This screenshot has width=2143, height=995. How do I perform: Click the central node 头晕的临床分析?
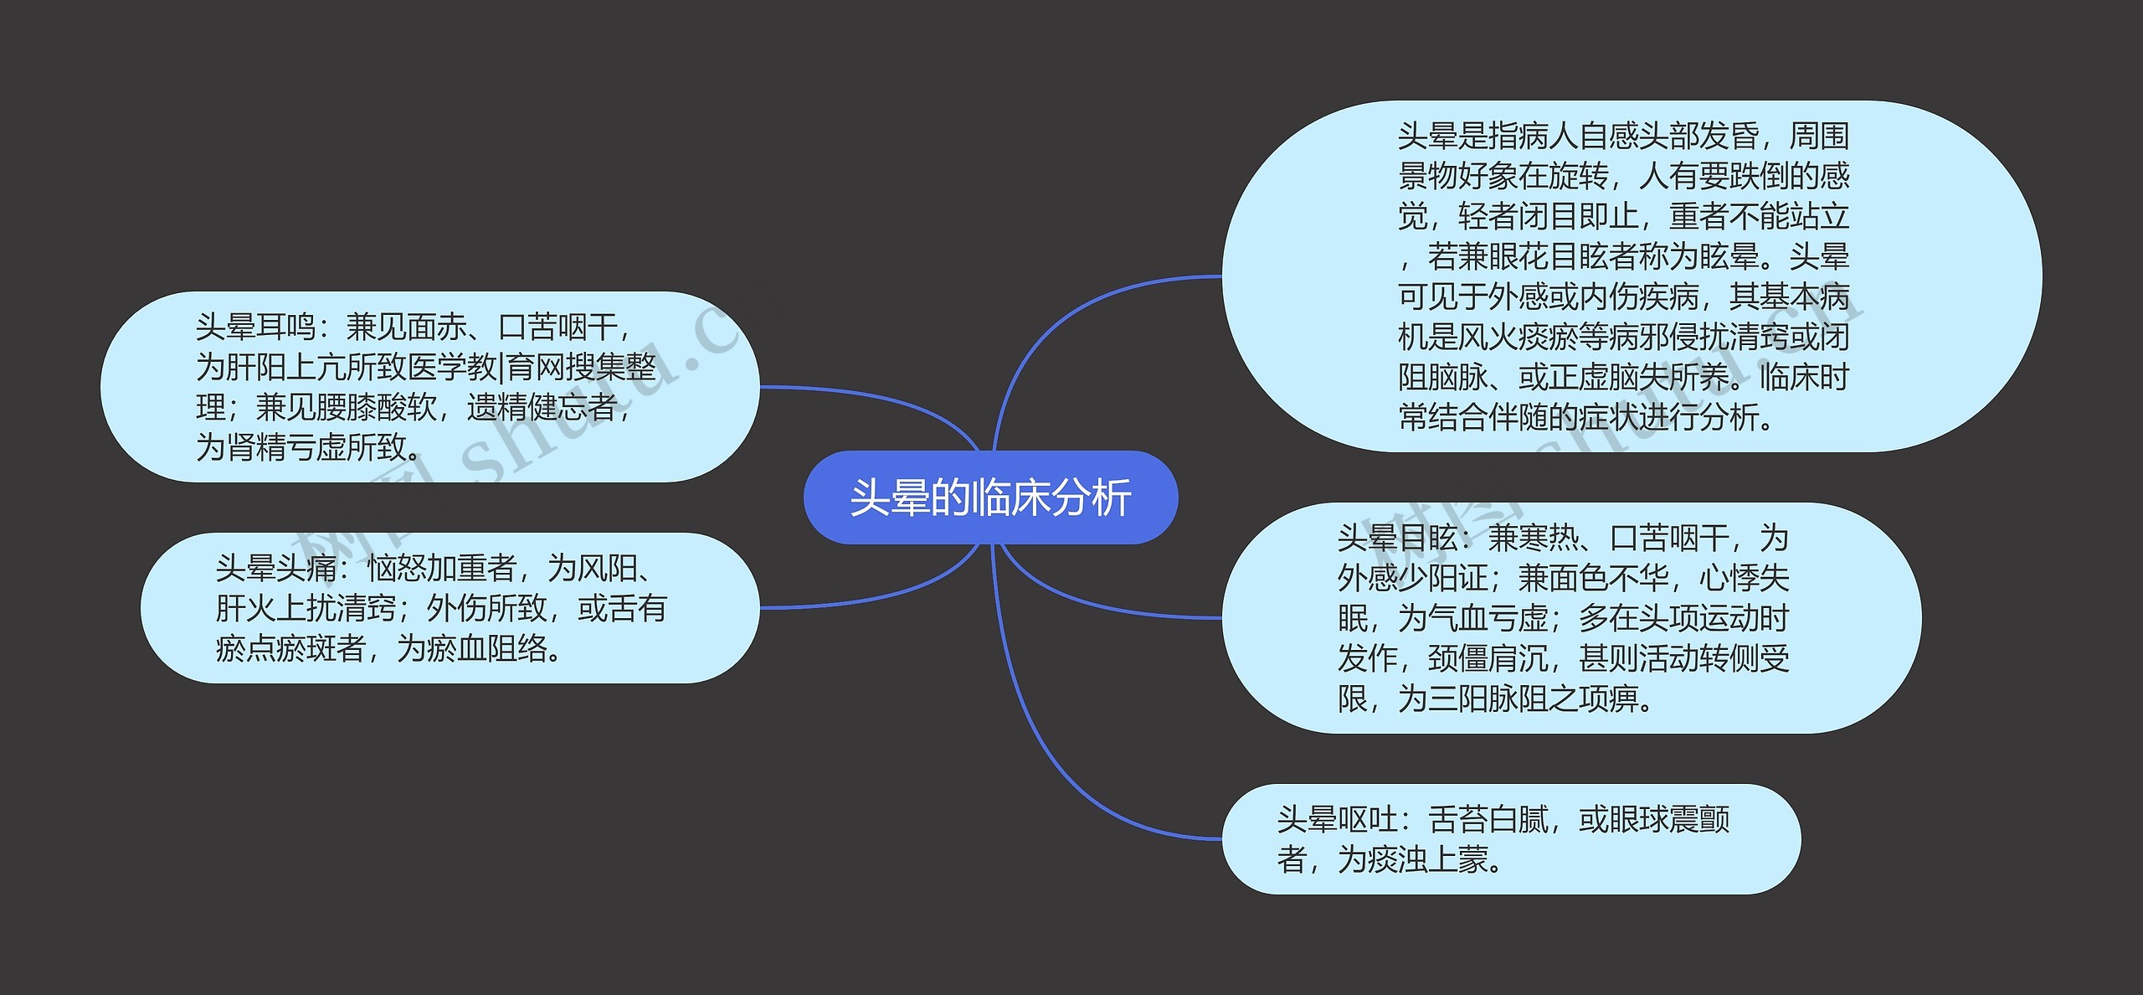(990, 497)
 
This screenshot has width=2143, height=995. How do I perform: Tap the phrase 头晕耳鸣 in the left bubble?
(255, 327)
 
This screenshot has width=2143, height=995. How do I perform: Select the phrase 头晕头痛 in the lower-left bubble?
(275, 569)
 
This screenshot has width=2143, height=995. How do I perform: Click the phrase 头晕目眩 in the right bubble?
(1397, 538)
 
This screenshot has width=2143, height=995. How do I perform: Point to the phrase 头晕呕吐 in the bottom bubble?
(1337, 820)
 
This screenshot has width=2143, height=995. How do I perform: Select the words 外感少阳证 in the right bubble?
(1413, 578)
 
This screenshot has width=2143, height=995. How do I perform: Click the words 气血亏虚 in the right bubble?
(1488, 618)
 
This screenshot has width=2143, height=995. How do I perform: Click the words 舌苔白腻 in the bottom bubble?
(1488, 820)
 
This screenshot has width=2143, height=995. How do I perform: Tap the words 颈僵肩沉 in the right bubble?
(1488, 658)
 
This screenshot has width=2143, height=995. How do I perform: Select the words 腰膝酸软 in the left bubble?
(377, 408)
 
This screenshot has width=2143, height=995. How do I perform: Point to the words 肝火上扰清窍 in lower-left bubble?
(306, 609)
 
